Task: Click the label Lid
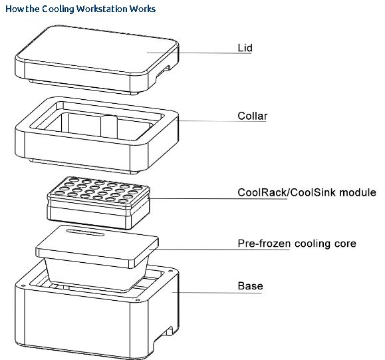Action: (245, 48)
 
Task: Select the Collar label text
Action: (253, 116)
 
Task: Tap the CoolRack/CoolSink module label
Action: (307, 192)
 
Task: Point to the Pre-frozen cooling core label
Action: (297, 244)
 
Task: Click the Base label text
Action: (250, 285)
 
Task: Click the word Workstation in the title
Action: (102, 9)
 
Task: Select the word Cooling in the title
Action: (58, 9)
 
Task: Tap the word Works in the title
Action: (143, 9)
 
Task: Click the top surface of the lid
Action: (98, 49)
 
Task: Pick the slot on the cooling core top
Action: (86, 232)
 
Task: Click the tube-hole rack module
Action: (98, 203)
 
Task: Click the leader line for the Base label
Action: (217, 292)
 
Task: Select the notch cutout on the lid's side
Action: (164, 71)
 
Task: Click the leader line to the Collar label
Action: (222, 121)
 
